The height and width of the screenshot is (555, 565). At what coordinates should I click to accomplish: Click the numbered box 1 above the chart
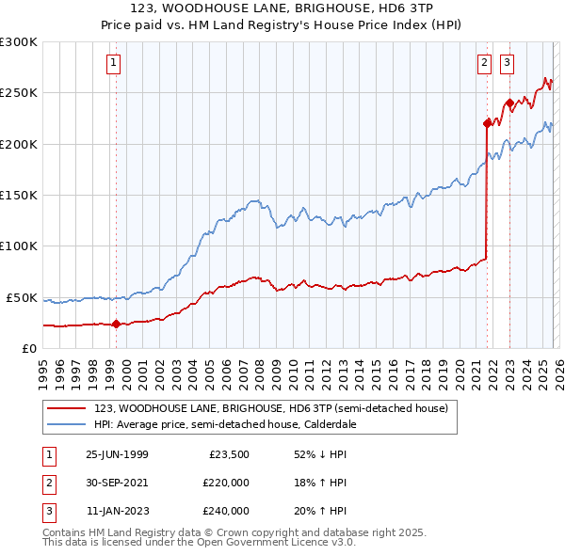coord(112,63)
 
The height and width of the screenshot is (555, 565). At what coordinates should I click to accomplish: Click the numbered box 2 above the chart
coord(485,63)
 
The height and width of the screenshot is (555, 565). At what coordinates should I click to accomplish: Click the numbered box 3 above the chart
coord(507,63)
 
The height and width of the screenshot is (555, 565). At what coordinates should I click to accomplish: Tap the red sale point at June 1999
coord(116,325)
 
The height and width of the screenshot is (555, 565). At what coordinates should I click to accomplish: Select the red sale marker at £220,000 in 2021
coord(487,123)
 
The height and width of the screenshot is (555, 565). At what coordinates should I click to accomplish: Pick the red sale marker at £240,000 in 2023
coord(508,103)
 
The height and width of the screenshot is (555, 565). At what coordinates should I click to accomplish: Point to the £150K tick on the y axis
coord(19,195)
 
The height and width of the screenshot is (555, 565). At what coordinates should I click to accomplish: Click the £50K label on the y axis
coord(22,297)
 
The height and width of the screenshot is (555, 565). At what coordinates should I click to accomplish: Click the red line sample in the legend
coord(67,409)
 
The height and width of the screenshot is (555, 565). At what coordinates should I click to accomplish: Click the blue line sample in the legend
coord(67,424)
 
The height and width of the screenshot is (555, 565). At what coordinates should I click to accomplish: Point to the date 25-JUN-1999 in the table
coord(117,454)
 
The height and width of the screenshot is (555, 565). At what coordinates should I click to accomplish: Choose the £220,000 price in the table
coord(226,483)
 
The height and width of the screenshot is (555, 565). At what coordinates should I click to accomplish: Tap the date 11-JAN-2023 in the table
coord(117,511)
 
